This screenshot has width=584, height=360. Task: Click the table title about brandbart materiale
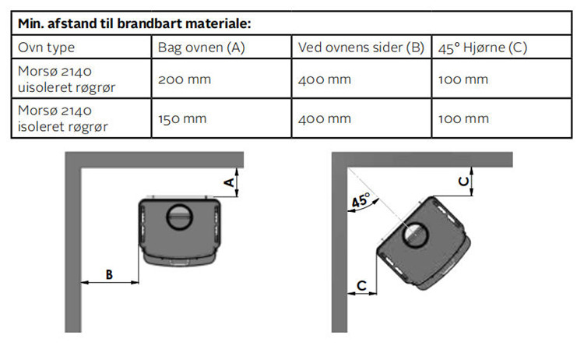click(x=135, y=23)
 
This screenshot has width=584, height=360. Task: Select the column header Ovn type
click(x=46, y=48)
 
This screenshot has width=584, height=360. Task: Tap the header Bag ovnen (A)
click(x=201, y=48)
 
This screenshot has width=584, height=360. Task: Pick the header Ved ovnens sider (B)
click(x=361, y=48)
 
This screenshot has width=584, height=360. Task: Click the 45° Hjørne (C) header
click(x=482, y=48)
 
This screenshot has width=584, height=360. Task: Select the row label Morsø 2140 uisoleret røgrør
click(x=66, y=79)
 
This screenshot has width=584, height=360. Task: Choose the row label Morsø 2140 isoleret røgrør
click(x=62, y=118)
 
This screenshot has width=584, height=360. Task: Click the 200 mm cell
click(x=185, y=79)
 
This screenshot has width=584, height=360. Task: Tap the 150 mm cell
click(x=182, y=119)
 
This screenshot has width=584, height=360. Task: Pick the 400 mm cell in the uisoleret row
click(x=325, y=79)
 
